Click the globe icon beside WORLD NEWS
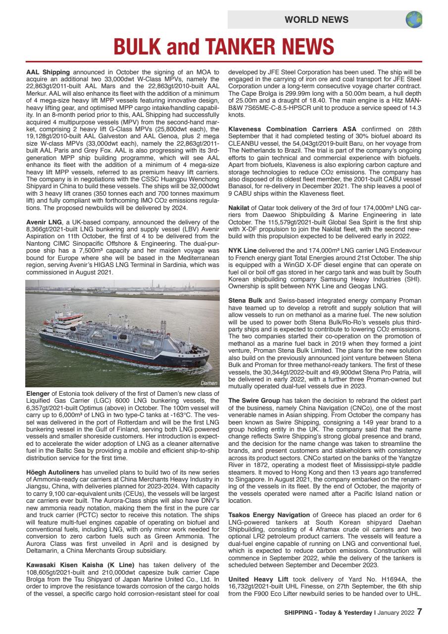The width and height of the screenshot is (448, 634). (x=414, y=20)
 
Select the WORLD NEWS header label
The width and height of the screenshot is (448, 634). (x=316, y=20)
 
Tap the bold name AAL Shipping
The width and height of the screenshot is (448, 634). (x=48, y=72)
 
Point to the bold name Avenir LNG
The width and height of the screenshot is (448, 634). (x=45, y=221)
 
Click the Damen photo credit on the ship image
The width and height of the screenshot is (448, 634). (x=209, y=383)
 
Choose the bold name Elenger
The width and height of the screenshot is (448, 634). (x=39, y=394)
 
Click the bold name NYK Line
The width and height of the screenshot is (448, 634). (x=243, y=250)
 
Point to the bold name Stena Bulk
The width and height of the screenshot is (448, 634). (x=246, y=300)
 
